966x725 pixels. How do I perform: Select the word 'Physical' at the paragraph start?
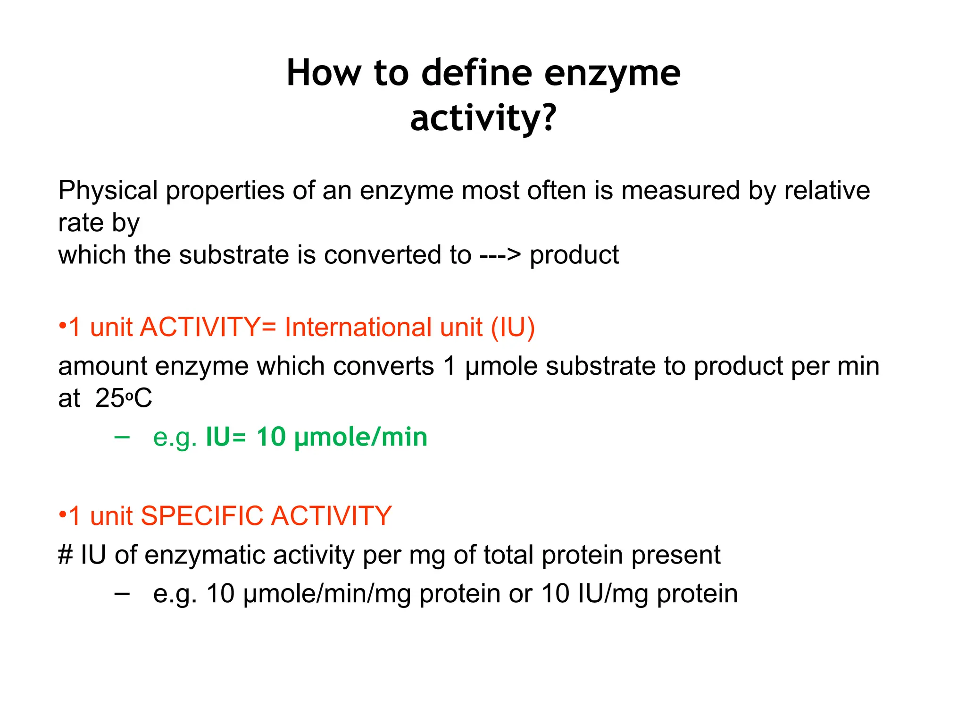click(108, 191)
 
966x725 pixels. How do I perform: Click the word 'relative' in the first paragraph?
click(827, 191)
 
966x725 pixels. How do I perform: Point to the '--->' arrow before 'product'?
click(500, 255)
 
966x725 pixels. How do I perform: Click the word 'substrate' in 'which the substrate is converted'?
click(234, 255)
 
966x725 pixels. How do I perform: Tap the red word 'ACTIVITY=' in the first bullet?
click(208, 327)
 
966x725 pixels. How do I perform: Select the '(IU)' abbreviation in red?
click(513, 327)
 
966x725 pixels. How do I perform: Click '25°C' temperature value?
click(124, 398)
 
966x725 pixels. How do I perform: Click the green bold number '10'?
click(271, 437)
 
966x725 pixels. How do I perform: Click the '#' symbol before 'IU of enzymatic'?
click(65, 555)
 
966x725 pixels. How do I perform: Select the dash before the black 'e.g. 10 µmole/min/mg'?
click(122, 593)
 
